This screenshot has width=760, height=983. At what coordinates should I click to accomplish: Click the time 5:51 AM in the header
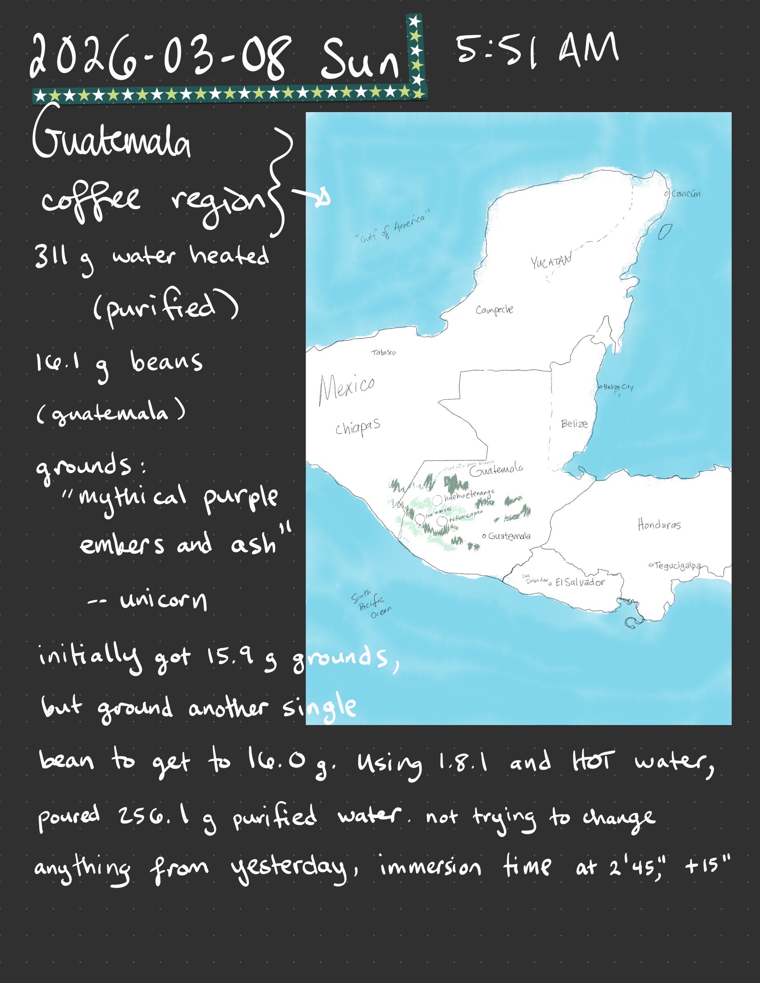click(537, 49)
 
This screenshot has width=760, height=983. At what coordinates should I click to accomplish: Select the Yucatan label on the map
click(551, 262)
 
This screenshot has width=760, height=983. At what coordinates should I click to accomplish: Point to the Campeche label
click(494, 310)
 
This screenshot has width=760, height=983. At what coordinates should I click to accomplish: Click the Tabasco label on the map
click(383, 352)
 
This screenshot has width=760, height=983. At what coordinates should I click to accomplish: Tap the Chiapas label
click(358, 428)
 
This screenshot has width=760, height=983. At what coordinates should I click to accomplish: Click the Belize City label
click(618, 387)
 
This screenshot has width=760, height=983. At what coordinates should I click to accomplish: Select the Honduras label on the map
click(659, 525)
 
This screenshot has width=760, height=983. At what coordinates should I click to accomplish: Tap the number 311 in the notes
click(51, 257)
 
